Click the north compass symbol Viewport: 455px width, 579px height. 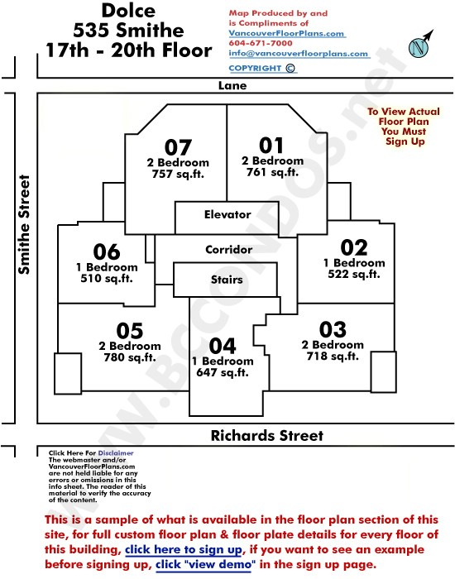coord(420,45)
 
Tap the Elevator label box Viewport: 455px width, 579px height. coord(227,218)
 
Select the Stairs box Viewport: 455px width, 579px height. coord(225,280)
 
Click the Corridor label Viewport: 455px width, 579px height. coord(229,250)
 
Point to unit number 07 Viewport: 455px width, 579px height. coord(178,147)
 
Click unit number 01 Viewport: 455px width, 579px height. coord(271,145)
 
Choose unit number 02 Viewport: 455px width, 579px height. coord(354,247)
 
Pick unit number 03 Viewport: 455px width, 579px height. coord(333,329)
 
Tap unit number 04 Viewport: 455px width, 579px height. coord(223,346)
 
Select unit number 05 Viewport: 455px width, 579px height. coord(130,331)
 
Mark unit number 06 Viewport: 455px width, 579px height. coord(107,251)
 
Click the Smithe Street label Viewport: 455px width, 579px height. coord(24,224)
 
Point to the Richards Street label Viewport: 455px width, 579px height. coord(267,436)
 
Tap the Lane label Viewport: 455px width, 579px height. coord(232,86)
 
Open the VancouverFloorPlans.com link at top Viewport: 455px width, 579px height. coord(286,33)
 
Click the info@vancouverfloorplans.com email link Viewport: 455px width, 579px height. coord(299,53)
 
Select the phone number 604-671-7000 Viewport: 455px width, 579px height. coord(261,43)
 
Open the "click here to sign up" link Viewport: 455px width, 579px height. coord(184,550)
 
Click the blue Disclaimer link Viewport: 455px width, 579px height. coord(116,453)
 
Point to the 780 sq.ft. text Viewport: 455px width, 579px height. coord(130,357)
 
